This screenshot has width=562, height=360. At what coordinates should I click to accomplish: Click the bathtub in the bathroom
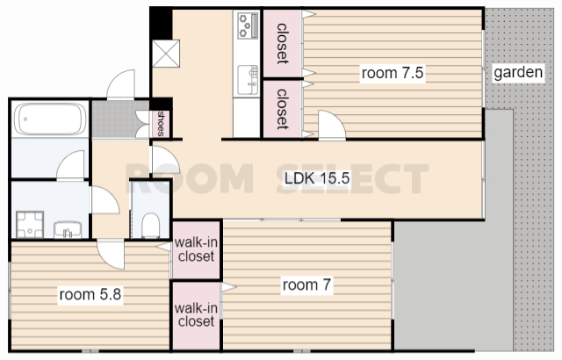(51, 119)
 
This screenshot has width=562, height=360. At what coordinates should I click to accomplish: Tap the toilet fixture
(150, 226)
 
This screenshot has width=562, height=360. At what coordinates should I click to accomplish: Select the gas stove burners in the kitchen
(248, 25)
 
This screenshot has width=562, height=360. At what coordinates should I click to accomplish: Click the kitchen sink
(248, 80)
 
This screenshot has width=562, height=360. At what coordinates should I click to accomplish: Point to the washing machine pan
(30, 225)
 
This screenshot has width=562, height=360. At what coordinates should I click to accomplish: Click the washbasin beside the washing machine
(68, 230)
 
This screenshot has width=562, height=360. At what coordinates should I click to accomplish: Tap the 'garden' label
(518, 72)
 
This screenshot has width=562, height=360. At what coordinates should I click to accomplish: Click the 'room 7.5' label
(393, 73)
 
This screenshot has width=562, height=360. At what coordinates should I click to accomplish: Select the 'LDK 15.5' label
(317, 178)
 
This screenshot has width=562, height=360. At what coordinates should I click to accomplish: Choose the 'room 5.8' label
(90, 294)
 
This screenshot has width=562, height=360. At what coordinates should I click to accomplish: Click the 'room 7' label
(306, 285)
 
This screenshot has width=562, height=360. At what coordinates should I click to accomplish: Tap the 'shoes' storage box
(161, 124)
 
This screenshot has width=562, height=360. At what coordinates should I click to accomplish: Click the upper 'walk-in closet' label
(196, 249)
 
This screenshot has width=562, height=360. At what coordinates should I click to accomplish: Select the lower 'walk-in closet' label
(196, 314)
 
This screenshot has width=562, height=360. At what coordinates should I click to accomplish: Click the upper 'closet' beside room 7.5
(283, 43)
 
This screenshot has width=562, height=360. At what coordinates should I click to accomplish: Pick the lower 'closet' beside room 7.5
(283, 109)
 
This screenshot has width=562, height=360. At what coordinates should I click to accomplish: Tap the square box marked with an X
(166, 54)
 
